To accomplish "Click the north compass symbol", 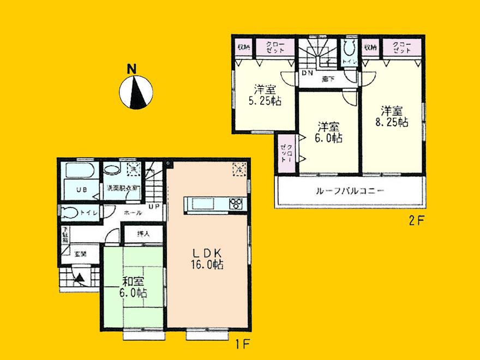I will tap(135, 90).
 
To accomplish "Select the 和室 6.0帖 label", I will tap(134, 287).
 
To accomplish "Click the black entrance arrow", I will tap(80, 278).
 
